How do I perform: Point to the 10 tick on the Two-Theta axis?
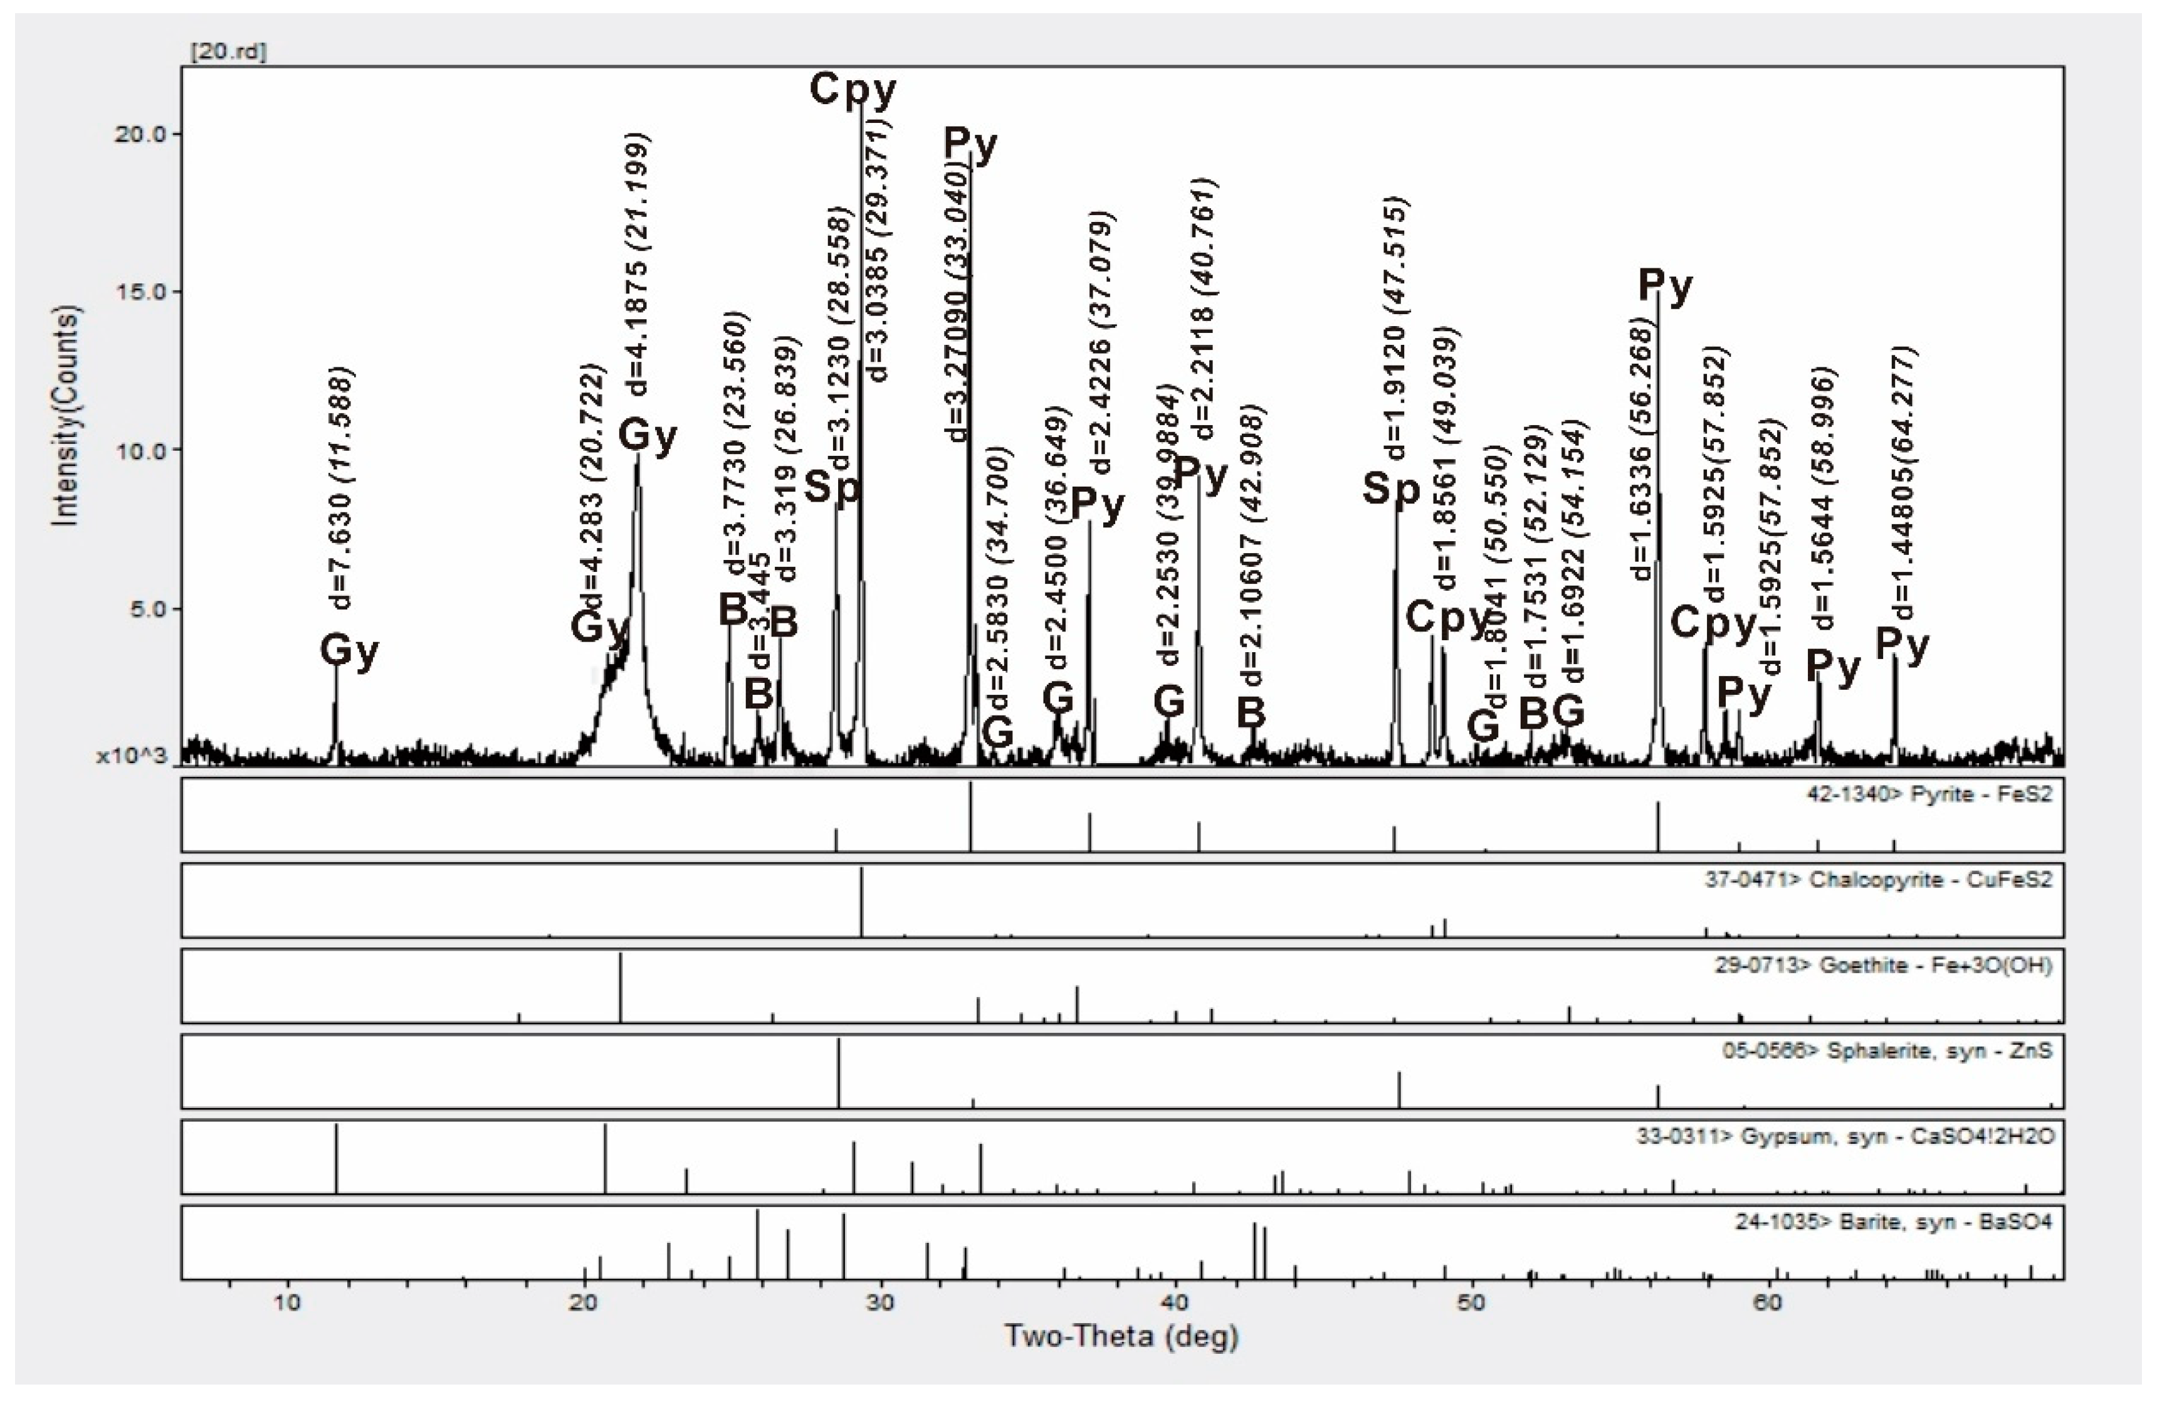click(x=288, y=1302)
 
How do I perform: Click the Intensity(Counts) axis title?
click(x=67, y=415)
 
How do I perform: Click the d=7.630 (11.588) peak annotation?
click(x=342, y=488)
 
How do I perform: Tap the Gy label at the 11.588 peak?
click(x=349, y=651)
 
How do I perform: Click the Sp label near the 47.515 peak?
click(x=1391, y=490)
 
